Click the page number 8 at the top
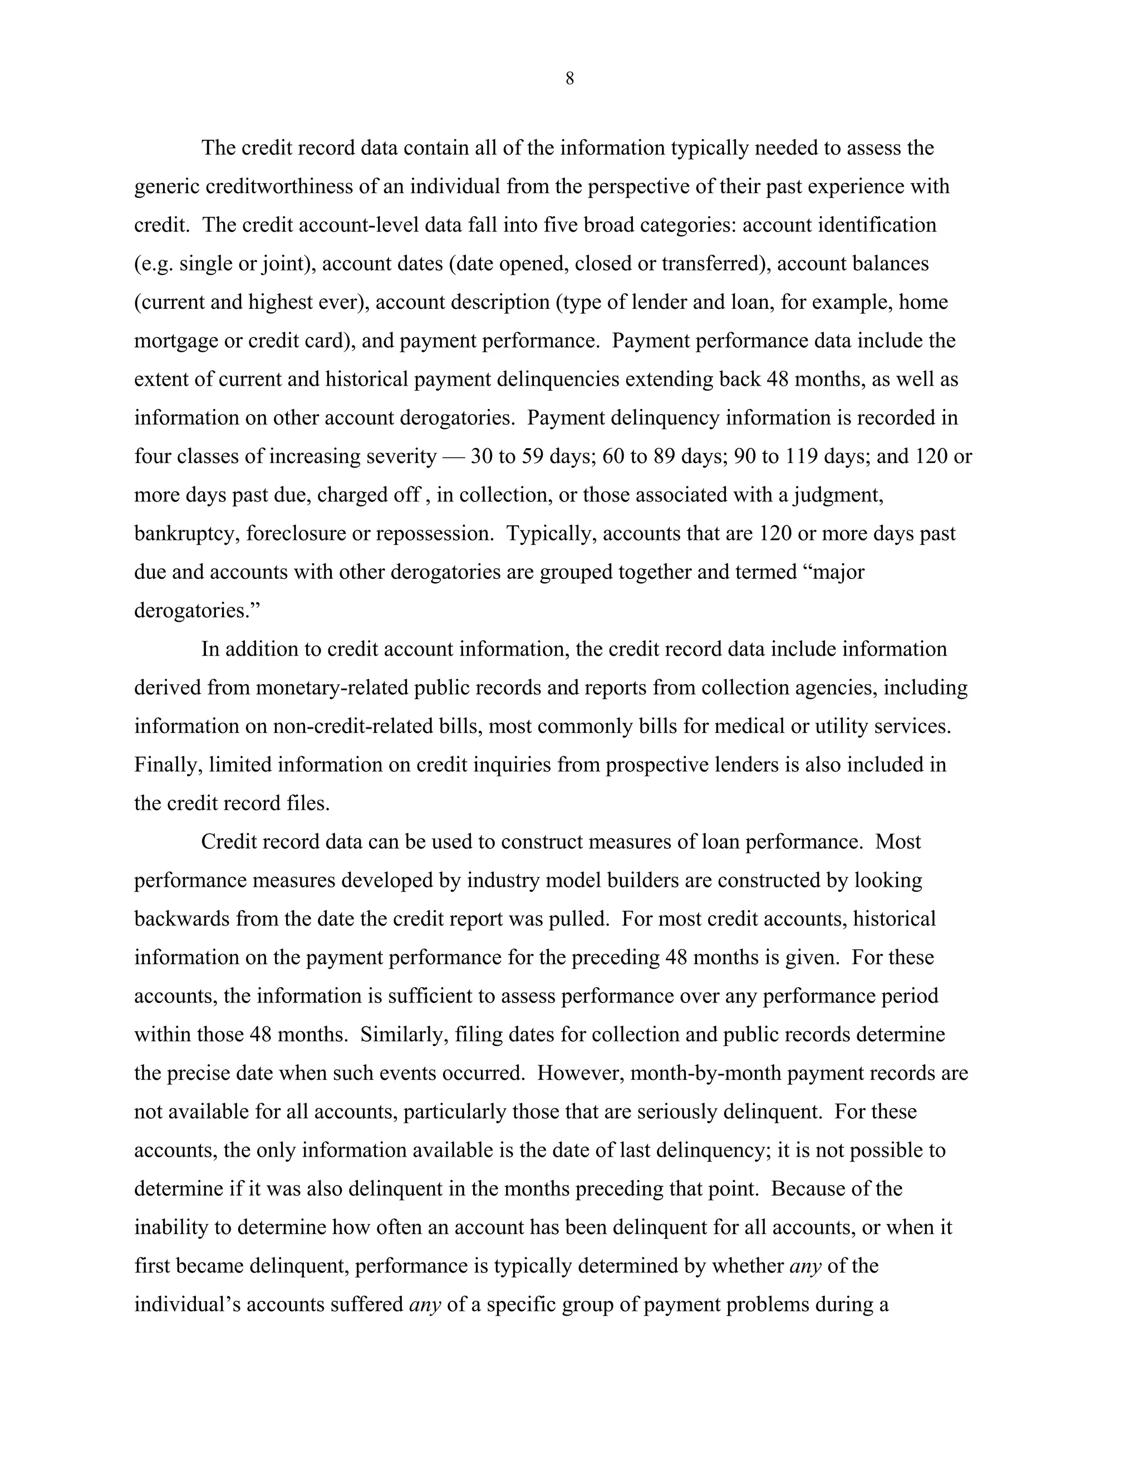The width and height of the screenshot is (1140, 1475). pos(569,79)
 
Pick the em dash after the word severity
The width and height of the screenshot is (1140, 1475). pos(453,457)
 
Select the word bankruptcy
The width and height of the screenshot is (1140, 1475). pos(186,534)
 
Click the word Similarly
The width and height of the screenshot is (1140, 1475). pos(402,1035)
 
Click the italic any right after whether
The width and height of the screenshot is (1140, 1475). pos(805,1266)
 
